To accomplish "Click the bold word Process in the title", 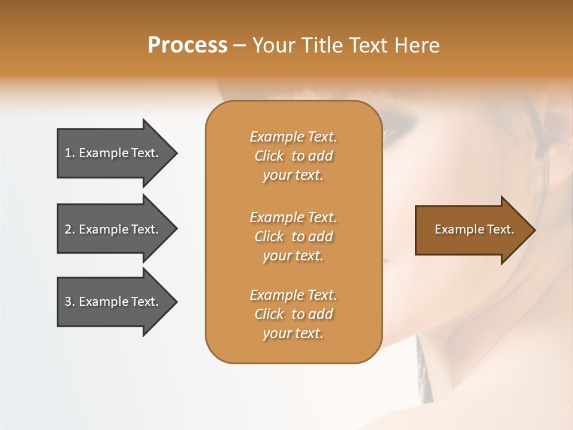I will [187, 45].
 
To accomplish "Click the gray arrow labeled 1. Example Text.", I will [113, 153].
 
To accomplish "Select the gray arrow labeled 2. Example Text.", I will [113, 229].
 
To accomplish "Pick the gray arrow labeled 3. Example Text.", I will [113, 302].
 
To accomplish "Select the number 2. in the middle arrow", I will [69, 229].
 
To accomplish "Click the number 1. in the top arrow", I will [69, 153].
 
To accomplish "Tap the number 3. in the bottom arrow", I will [69, 302].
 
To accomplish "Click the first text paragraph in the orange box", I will [293, 156].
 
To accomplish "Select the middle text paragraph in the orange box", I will [293, 236].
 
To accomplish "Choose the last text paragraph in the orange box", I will [293, 314].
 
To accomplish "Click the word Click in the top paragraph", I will [269, 156].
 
